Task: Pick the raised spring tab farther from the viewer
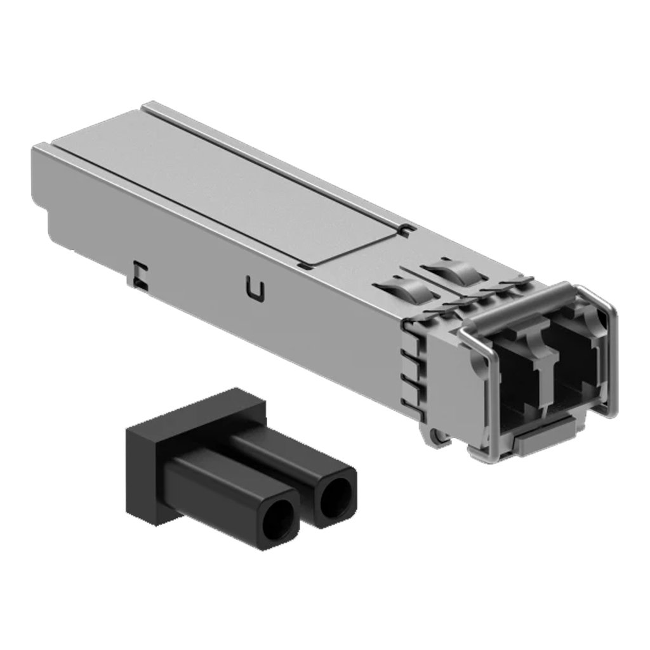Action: (452, 271)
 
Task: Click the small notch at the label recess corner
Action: (408, 227)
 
